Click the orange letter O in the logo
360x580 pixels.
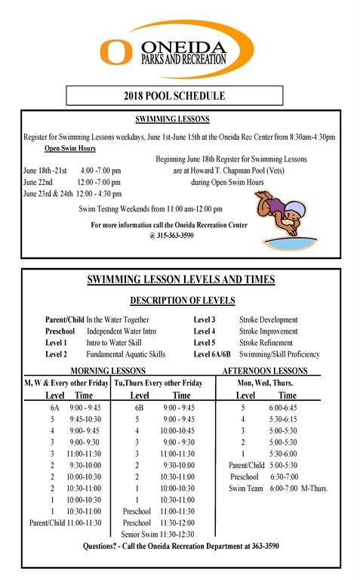[x=116, y=51]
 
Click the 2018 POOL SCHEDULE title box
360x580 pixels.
[x=174, y=96]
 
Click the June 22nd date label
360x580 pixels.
[x=38, y=182]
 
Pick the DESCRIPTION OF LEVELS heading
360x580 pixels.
[x=180, y=301]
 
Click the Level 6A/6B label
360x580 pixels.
[x=212, y=354]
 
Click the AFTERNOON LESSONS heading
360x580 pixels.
[x=265, y=371]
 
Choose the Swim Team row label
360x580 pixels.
[x=245, y=489]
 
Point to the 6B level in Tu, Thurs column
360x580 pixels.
[x=139, y=406]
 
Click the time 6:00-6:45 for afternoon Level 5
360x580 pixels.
[x=288, y=406]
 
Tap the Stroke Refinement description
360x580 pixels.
[x=265, y=343]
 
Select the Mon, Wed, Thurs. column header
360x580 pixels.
[x=265, y=383]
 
